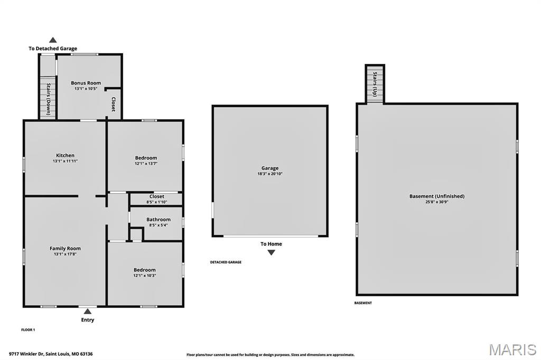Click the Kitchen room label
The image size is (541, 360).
(66, 155)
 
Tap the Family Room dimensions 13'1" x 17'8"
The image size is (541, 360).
(66, 254)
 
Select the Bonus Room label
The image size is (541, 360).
(86, 83)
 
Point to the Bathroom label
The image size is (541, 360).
(158, 220)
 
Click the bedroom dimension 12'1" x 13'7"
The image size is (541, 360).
(146, 164)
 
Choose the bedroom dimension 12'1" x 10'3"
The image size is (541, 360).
(145, 276)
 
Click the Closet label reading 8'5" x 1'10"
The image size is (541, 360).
(156, 202)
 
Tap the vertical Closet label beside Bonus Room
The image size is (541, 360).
(113, 104)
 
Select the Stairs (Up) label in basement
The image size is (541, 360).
(375, 84)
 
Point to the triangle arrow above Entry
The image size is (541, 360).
(88, 311)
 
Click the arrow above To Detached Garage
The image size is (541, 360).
(53, 40)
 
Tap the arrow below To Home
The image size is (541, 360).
(271, 252)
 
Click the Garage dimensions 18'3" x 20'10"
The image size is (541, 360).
(270, 174)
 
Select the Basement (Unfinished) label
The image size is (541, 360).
(437, 196)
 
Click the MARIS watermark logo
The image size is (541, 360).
(512, 349)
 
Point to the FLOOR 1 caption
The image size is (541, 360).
(28, 330)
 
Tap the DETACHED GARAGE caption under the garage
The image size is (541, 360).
(226, 262)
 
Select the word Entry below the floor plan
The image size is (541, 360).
(88, 320)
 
